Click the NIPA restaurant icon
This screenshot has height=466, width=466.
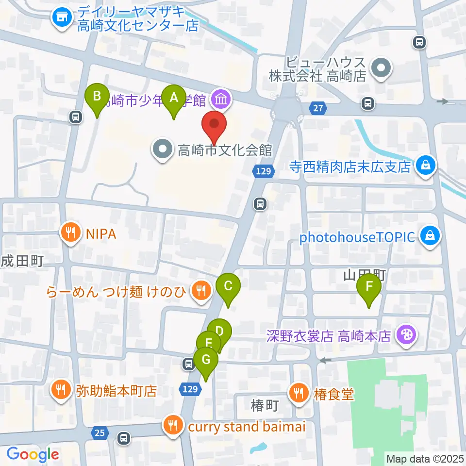[x=71, y=233]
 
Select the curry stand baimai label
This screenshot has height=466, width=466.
[x=246, y=427]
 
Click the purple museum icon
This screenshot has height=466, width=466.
[x=221, y=100]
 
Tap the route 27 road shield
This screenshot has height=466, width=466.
[x=317, y=109]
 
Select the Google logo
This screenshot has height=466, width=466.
[x=33, y=454]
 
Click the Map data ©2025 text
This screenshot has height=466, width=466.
[x=424, y=458]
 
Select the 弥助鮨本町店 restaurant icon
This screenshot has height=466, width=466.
[x=61, y=390]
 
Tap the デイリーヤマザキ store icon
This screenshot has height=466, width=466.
[x=62, y=18]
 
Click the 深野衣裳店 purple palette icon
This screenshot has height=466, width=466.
[x=404, y=335]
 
